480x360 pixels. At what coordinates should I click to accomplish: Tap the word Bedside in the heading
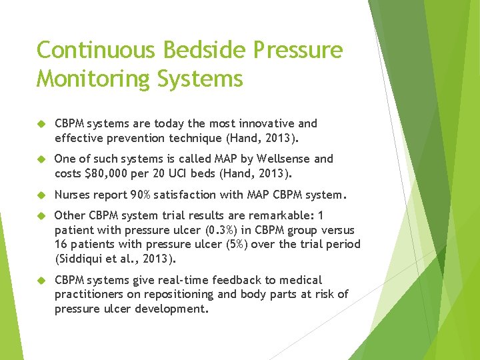click(x=197, y=51)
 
